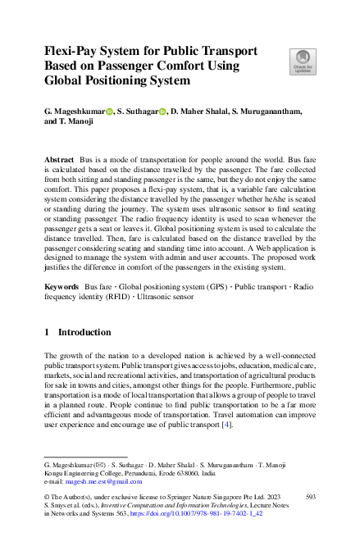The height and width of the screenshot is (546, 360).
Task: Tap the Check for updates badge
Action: [303, 61]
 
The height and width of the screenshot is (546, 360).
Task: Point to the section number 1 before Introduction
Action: [47, 332]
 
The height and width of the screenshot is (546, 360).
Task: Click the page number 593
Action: [310, 497]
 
